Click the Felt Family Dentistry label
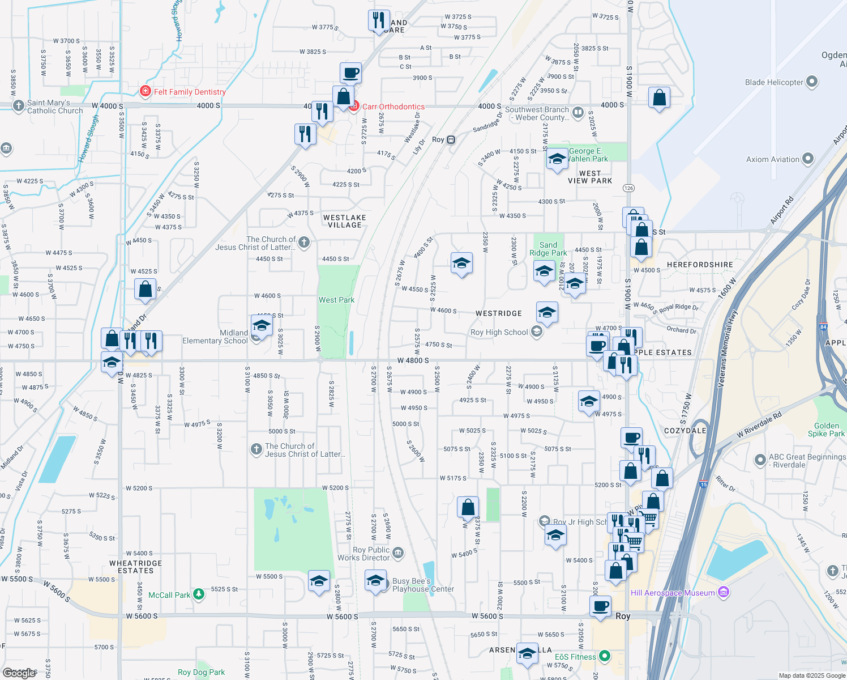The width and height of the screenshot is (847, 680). pos(190,92)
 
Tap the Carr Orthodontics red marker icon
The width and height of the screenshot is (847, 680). pos(354,106)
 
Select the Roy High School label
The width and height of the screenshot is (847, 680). pos(499,332)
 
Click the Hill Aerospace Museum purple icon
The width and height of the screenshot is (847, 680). pos(723,593)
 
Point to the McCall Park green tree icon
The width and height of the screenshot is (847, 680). pos(198,594)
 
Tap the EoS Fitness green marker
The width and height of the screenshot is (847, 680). pos(605,656)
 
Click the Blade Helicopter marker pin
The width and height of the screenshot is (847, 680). pos(812,82)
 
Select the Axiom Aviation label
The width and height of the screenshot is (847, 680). pos(772,159)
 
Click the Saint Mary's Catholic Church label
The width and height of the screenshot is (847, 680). pos(55,107)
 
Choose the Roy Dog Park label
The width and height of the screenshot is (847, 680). pos(201,672)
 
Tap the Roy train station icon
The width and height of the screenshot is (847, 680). pos(451,139)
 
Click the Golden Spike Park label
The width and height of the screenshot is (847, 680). pos(826,430)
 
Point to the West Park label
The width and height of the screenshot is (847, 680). pos(336,300)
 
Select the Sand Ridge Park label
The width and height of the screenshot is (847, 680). pos(548,249)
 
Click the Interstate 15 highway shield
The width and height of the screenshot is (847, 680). pos(704,484)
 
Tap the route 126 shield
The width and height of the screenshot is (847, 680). pos(628,188)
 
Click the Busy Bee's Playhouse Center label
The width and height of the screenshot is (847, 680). pos(423,585)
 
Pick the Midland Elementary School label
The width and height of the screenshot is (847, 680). pos(215,337)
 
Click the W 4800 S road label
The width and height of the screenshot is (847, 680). pos(413,360)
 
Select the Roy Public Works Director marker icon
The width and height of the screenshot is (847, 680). pos(398,552)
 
